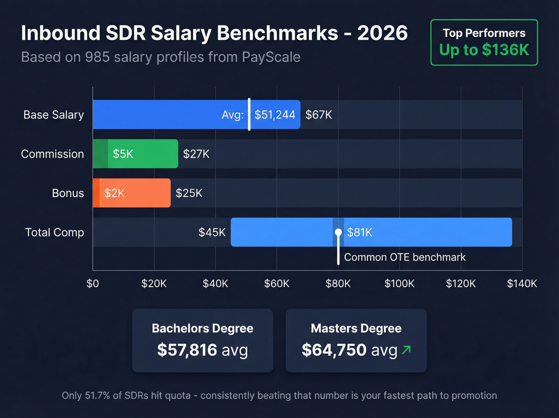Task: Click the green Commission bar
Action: coord(136,154)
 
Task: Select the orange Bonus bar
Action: coord(132,193)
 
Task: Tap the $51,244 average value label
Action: coord(275,115)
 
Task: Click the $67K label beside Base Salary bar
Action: coord(319,115)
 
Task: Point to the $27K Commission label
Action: coord(196,154)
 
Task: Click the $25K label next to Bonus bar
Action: coord(189,193)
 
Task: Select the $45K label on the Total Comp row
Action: coord(212,232)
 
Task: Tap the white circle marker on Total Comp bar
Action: coord(338,232)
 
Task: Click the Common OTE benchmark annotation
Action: coord(404,257)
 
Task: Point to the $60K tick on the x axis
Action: coord(277,284)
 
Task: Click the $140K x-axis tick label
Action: coord(521,284)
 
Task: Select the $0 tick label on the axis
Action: coord(93,284)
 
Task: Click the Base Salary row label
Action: coord(54,115)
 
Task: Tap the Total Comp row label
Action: coord(54,232)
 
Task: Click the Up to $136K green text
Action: coord(484,50)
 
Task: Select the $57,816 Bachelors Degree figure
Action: coord(187,350)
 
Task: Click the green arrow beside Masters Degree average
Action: coord(406,350)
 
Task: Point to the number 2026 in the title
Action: coord(382,33)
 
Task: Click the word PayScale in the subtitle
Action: coord(271,57)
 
